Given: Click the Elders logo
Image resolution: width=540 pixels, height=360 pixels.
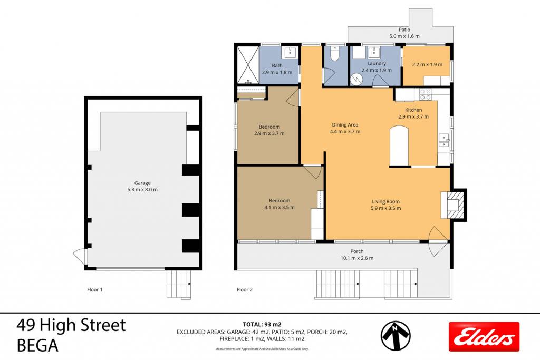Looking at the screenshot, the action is pos(484,336).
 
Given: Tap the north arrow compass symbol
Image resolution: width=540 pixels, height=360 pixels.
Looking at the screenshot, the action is pos(396,336).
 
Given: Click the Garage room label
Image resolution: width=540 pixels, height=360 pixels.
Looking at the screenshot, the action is pos(142,183).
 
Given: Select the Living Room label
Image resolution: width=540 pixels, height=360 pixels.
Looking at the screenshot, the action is pos(385,201).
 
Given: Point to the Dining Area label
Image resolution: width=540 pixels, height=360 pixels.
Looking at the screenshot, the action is pos(345,124).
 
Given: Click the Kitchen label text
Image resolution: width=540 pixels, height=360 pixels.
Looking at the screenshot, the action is pos(413,110).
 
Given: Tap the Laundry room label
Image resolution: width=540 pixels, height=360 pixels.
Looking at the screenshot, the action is pos(377,63).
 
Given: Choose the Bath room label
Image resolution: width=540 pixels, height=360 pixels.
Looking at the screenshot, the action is pos(277,65).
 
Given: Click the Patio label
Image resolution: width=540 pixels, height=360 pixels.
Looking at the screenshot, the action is pos(404,30).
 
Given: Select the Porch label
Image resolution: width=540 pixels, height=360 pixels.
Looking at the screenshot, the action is pos(357,251).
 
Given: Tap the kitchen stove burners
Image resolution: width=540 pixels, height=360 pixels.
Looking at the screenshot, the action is pos(426,94).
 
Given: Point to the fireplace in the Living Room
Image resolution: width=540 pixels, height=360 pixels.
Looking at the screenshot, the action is pos(454,205).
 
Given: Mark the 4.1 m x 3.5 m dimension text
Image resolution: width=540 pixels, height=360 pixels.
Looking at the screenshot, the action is pos(279,207).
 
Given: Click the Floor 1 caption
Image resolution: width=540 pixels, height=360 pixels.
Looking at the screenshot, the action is pos(95,290).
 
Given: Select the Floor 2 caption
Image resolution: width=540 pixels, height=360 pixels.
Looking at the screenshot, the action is pos(245,290).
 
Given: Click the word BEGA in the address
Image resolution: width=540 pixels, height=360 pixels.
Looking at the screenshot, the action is pos(37,346).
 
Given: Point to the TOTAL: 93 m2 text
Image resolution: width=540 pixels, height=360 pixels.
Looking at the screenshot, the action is pos(262,324).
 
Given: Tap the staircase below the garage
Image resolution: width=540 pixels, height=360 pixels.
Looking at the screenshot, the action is pos(179,284).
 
